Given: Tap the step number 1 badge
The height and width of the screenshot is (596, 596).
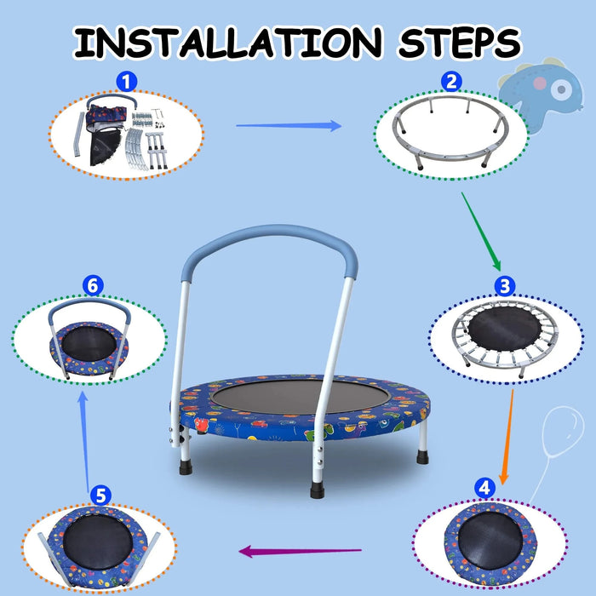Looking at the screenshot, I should pos(126,82).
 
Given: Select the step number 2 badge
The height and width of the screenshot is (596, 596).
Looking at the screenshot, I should pos(452,82).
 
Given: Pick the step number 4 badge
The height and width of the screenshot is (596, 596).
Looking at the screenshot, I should pos(484,488).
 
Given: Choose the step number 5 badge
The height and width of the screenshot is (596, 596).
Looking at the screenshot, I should pos(100,494).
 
